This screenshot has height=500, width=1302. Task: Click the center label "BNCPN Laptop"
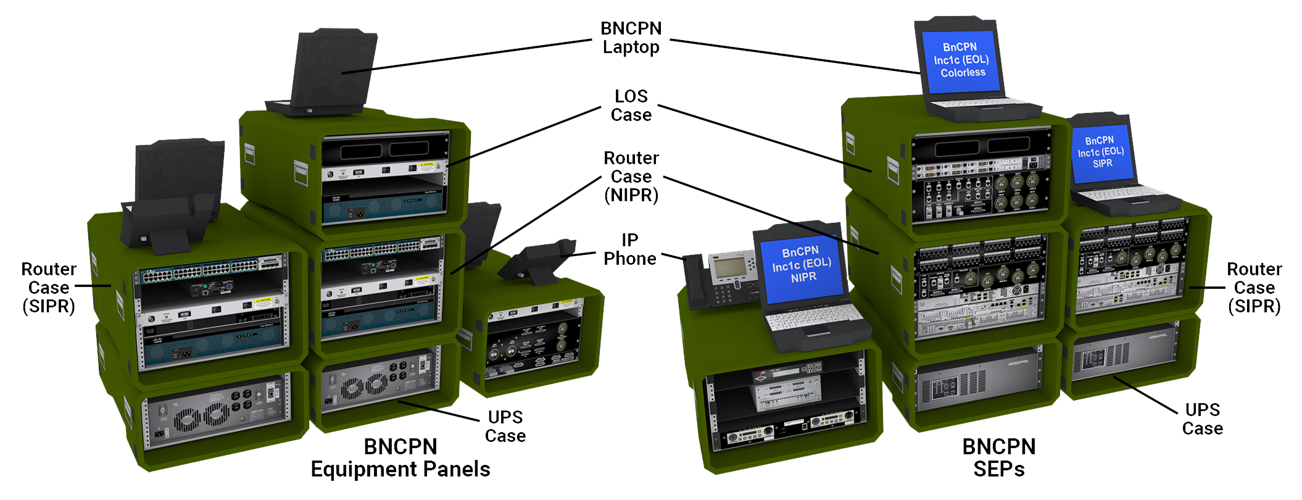631,38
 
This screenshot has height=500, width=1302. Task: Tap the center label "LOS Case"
631,106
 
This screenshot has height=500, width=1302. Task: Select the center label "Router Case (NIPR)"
631,177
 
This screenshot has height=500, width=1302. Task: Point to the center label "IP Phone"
629,249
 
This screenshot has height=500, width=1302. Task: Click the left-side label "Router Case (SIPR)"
49,288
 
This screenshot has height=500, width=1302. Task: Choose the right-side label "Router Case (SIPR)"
1254,288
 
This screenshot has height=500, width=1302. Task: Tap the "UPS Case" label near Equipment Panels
505,427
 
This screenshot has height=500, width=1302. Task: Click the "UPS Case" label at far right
1202,419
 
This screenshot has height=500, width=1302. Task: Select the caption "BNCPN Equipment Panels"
400,458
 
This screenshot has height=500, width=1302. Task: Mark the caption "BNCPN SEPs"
998,458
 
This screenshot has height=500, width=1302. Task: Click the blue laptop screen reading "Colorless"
961,60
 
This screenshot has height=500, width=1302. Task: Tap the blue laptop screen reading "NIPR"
801,265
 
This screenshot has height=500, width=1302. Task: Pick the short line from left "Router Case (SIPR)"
93,286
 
